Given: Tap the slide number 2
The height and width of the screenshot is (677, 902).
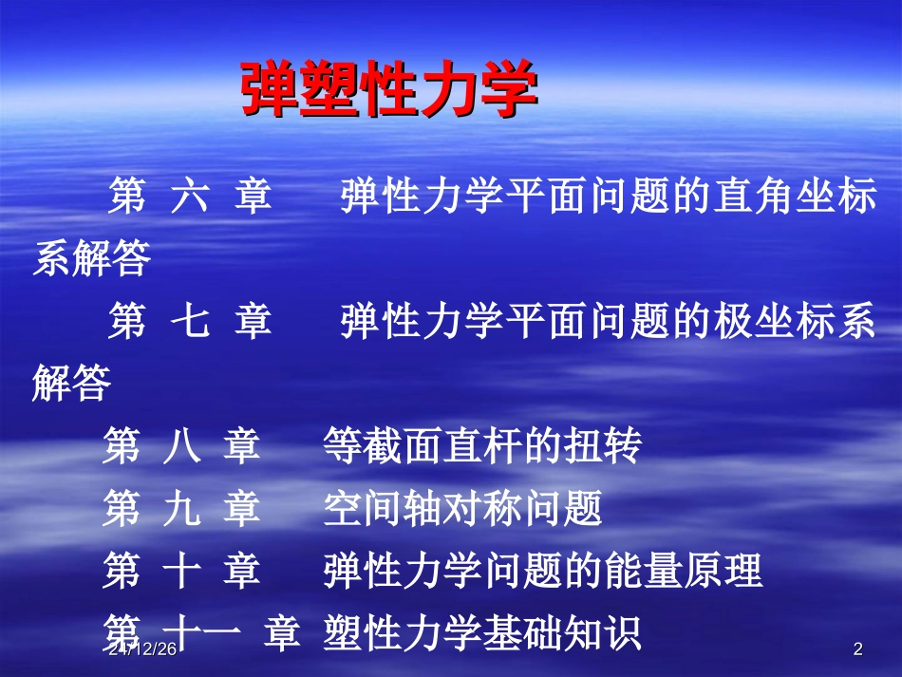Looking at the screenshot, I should coord(858,649).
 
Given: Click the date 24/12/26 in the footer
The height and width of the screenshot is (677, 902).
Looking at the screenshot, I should coord(142,649).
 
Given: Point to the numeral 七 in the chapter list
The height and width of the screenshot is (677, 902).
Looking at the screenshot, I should coord(189,322).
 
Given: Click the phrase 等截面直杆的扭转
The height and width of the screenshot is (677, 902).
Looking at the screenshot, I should coord(482,447).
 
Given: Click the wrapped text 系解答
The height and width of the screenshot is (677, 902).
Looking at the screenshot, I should coord(92,257).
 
